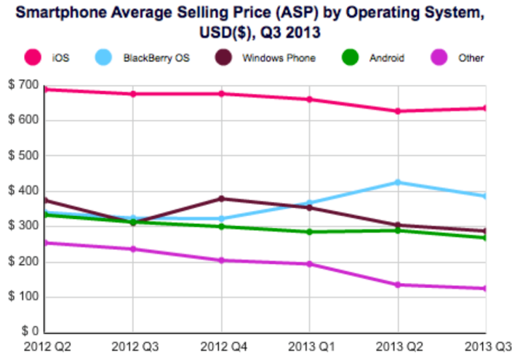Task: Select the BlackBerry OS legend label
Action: click(x=156, y=57)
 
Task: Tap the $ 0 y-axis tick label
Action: click(x=28, y=332)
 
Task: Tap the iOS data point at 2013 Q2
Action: click(x=398, y=111)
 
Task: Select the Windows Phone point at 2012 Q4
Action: click(x=221, y=199)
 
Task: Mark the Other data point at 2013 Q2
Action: click(x=398, y=284)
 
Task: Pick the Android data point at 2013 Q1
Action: click(x=309, y=232)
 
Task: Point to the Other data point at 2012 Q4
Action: click(x=221, y=260)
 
